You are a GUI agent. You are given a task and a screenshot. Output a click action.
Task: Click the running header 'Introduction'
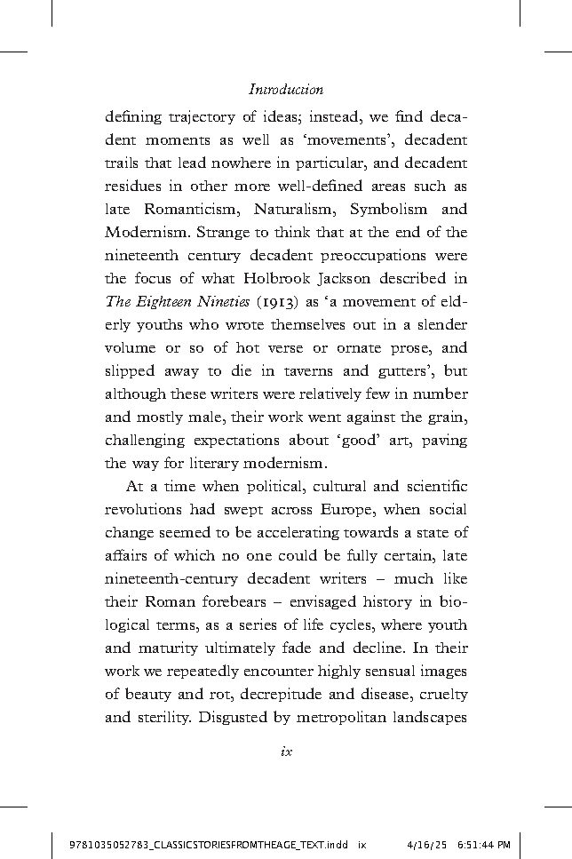[x=286, y=90]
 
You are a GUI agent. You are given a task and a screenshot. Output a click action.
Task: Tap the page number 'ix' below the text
[x=286, y=751]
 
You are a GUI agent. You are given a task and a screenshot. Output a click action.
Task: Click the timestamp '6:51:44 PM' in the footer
[x=482, y=844]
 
